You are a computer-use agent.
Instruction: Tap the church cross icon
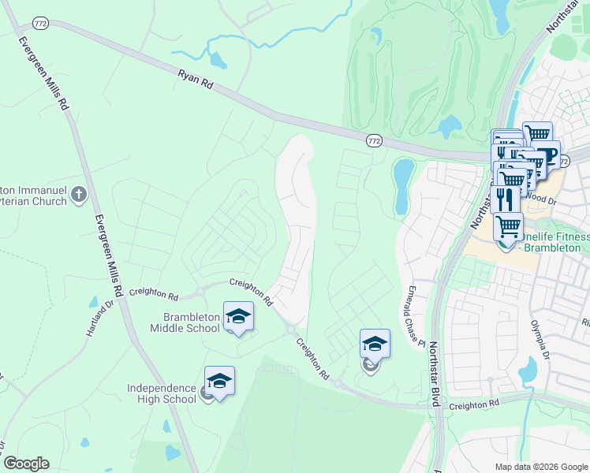point(78,194)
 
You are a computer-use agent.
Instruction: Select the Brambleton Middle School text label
point(185,322)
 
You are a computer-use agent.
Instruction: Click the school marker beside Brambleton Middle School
point(238,317)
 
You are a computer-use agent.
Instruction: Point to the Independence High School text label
point(161,393)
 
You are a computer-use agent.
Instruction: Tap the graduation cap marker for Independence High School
point(219,382)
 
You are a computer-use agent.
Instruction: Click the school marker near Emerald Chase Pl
point(375,345)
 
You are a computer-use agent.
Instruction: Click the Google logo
point(26,464)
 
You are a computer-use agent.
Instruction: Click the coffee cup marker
point(545,154)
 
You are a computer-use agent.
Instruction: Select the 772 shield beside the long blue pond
point(374,140)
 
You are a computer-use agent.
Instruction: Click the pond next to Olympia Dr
point(527,368)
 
